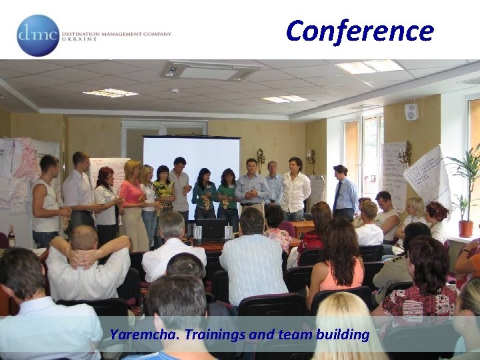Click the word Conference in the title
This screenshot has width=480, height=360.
tap(360, 31)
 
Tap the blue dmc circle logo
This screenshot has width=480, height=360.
tap(38, 35)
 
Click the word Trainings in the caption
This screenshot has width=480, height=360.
tap(213, 335)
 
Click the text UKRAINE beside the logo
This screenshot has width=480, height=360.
tap(79, 39)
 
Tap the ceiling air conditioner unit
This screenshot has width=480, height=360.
tap(210, 71)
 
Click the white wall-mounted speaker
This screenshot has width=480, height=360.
tap(411, 111)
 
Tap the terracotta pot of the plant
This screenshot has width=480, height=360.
tap(465, 228)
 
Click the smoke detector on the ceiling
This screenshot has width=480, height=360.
tap(175, 91)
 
